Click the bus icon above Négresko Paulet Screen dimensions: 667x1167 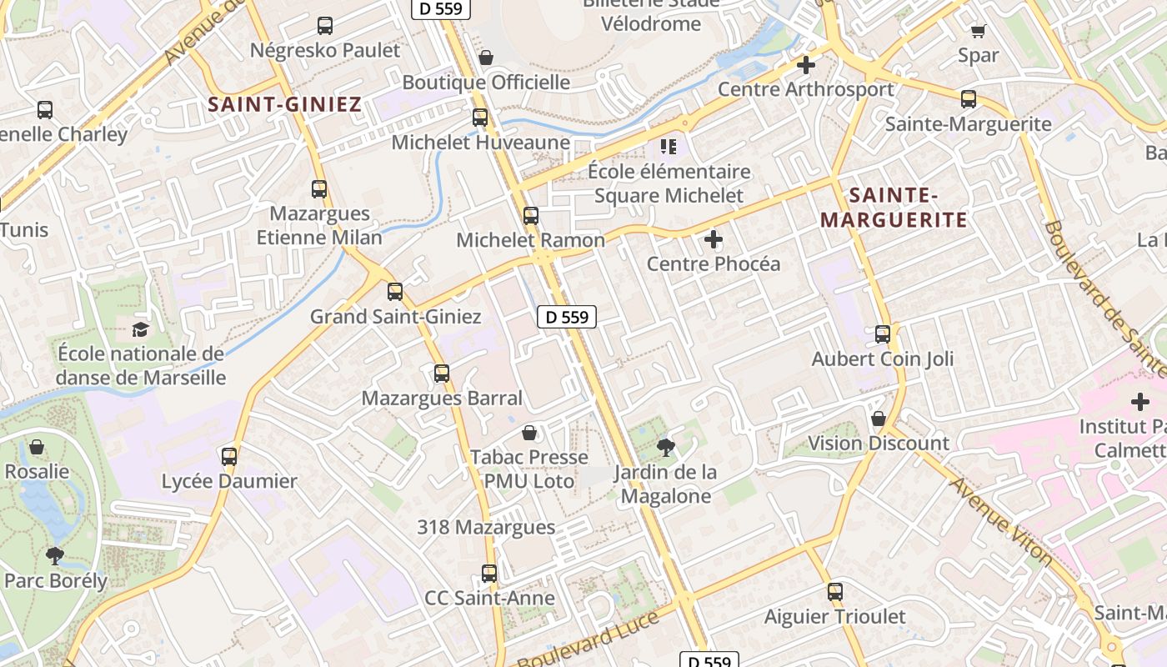click(x=325, y=26)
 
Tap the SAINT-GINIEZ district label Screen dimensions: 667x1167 click(x=284, y=104)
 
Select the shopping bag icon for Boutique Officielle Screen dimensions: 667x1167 click(x=486, y=58)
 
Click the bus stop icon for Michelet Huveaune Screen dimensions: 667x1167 click(x=480, y=118)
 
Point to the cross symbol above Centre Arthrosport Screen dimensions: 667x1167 click(x=805, y=64)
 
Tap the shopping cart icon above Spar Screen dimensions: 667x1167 click(x=978, y=31)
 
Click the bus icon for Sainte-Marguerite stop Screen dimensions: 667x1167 click(x=969, y=99)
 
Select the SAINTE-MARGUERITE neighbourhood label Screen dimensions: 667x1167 click(x=894, y=208)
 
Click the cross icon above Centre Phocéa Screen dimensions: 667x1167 click(x=714, y=240)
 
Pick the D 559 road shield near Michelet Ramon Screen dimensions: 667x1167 click(x=567, y=317)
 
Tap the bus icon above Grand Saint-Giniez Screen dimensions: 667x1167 click(x=395, y=292)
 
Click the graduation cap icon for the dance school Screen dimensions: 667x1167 click(x=140, y=329)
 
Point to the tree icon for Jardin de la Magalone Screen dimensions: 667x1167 click(x=665, y=449)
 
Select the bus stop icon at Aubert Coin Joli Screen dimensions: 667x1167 click(x=883, y=334)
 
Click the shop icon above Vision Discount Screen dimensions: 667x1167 click(x=878, y=419)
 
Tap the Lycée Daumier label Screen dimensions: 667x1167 click(x=229, y=481)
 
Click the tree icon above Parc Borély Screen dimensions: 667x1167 click(x=55, y=555)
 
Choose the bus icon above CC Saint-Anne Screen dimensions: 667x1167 click(x=489, y=574)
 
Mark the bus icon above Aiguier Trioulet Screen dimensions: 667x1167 click(x=835, y=592)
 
